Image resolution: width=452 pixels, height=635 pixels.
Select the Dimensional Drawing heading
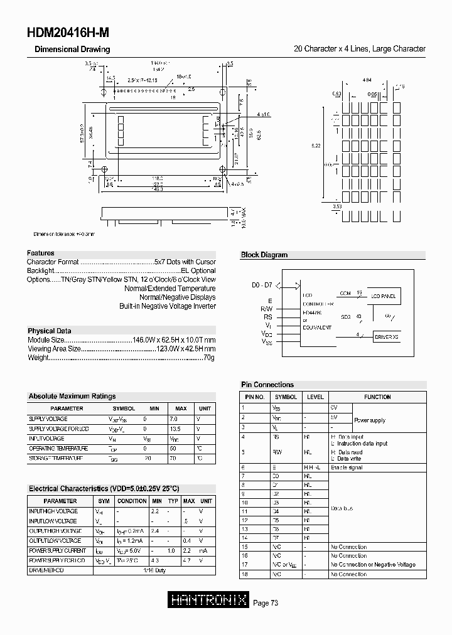(72, 49)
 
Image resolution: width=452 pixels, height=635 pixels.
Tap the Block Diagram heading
(264, 255)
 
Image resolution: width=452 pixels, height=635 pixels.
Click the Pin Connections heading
(267, 385)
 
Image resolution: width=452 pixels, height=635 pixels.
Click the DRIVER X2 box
(387, 337)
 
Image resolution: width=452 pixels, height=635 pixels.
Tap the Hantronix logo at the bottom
(209, 600)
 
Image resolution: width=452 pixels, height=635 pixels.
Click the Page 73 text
(266, 603)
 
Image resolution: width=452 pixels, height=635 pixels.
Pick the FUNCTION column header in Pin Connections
(377, 397)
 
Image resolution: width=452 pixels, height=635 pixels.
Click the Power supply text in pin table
(370, 420)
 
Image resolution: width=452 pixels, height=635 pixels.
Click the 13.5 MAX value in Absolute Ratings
(176, 429)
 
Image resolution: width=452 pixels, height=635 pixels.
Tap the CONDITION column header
(132, 501)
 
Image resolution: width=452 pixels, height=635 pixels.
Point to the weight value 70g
(209, 357)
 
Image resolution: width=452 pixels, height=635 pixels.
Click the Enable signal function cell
(346, 467)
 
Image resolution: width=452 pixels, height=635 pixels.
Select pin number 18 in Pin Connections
(244, 574)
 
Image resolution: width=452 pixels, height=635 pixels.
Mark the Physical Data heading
(50, 331)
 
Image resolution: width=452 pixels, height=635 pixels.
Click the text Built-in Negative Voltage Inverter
(168, 306)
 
